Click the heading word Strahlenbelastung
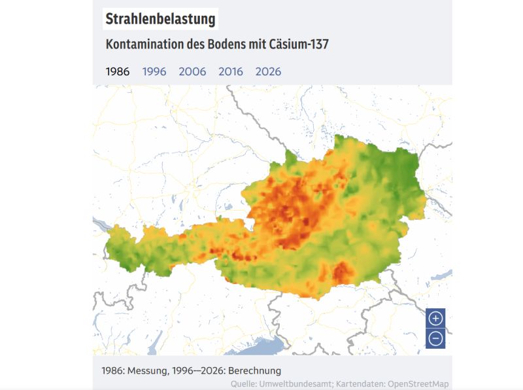(160, 19)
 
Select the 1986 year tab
(118, 71)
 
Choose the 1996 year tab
(154, 71)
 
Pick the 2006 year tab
(192, 71)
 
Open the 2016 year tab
(231, 71)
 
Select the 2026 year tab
(268, 71)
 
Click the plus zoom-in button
(435, 319)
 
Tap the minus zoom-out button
(435, 339)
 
